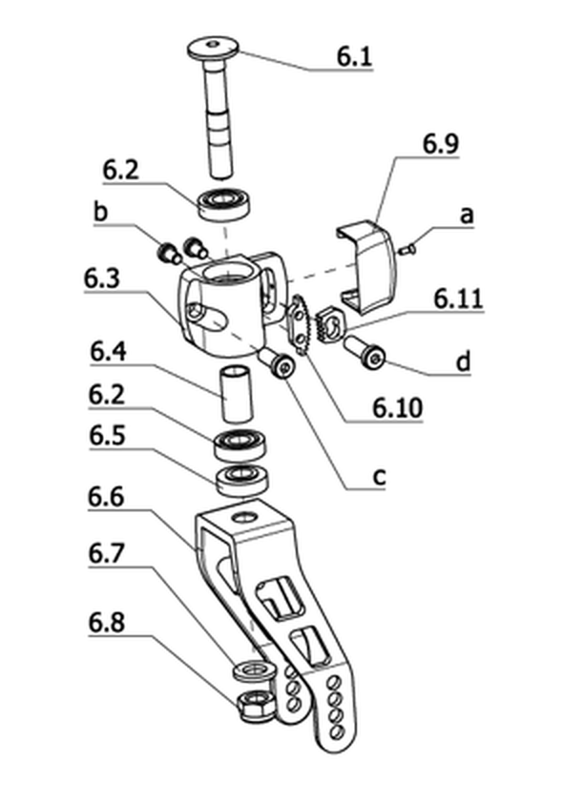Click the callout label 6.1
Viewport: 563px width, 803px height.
pyautogui.click(x=354, y=56)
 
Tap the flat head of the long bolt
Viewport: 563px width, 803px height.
pyautogui.click(x=213, y=48)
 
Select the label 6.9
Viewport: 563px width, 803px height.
pyautogui.click(x=441, y=144)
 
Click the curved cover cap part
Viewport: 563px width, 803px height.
pyautogui.click(x=366, y=265)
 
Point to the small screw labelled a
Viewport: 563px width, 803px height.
pyautogui.click(x=407, y=250)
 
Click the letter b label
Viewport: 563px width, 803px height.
pyautogui.click(x=101, y=212)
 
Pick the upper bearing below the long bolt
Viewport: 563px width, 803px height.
pyautogui.click(x=224, y=204)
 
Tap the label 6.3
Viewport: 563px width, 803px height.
pyautogui.click(x=102, y=278)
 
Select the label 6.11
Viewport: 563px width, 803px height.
pyautogui.click(x=458, y=299)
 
